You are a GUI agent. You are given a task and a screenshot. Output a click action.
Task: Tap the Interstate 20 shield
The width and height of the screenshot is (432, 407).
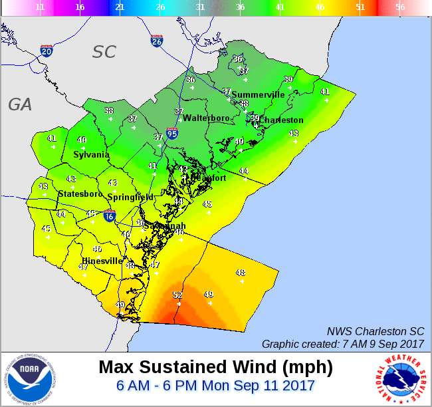coord(47,51)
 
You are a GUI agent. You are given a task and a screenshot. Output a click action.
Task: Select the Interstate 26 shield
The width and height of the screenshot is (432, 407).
coord(156,41)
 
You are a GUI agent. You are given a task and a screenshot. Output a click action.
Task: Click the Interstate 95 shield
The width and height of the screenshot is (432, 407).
coord(172,134)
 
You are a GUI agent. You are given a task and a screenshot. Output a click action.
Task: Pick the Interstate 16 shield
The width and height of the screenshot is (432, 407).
coord(110,216)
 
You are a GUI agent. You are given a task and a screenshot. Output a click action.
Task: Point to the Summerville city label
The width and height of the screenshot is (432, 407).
coord(258,94)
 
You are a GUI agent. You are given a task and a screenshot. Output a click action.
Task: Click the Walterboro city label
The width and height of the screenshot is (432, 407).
coord(206,118)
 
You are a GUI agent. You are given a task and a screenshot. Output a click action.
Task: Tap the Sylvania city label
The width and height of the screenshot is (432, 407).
coord(91,154)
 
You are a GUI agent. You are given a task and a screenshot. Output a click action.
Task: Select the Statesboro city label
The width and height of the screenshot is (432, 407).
coord(80,194)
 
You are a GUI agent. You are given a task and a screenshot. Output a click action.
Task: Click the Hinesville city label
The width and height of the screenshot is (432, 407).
coord(102,261)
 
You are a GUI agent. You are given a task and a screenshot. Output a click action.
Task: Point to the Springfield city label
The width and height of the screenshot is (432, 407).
coord(130,198)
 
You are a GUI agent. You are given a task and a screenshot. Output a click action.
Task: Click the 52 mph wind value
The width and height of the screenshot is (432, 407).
coord(177,295)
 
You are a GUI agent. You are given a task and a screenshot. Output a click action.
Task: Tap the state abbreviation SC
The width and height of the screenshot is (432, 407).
coord(104,52)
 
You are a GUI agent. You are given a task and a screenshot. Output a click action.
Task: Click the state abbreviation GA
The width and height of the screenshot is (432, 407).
coord(20,104)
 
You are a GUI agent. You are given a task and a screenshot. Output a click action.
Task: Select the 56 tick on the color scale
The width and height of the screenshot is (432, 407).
coord(399,7)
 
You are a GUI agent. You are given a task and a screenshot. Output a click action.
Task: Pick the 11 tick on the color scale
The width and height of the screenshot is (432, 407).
coord(40,7)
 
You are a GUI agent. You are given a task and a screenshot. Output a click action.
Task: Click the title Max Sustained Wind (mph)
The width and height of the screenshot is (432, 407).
coord(215,366)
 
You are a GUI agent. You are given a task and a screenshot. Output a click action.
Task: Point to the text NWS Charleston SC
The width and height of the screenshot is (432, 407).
coord(375,331)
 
